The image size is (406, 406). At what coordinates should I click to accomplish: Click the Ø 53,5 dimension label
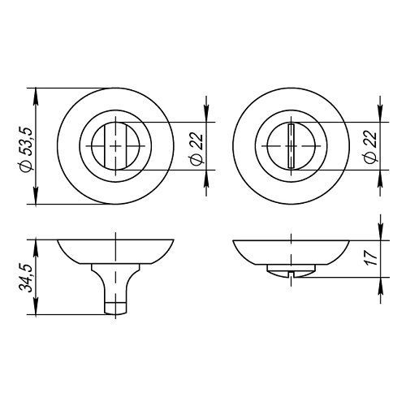pyautogui.click(x=27, y=149)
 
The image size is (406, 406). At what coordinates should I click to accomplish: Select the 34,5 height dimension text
pyautogui.click(x=26, y=278)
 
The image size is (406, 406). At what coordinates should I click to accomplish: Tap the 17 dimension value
pyautogui.click(x=373, y=258)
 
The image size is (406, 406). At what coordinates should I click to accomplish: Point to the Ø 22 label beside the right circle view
pyautogui.click(x=370, y=147)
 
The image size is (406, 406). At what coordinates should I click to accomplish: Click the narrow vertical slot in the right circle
pyautogui.click(x=292, y=146)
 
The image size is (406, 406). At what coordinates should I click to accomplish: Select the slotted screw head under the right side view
pyautogui.click(x=292, y=271)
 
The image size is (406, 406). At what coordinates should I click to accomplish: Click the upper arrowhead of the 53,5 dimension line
pyautogui.click(x=36, y=95)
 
